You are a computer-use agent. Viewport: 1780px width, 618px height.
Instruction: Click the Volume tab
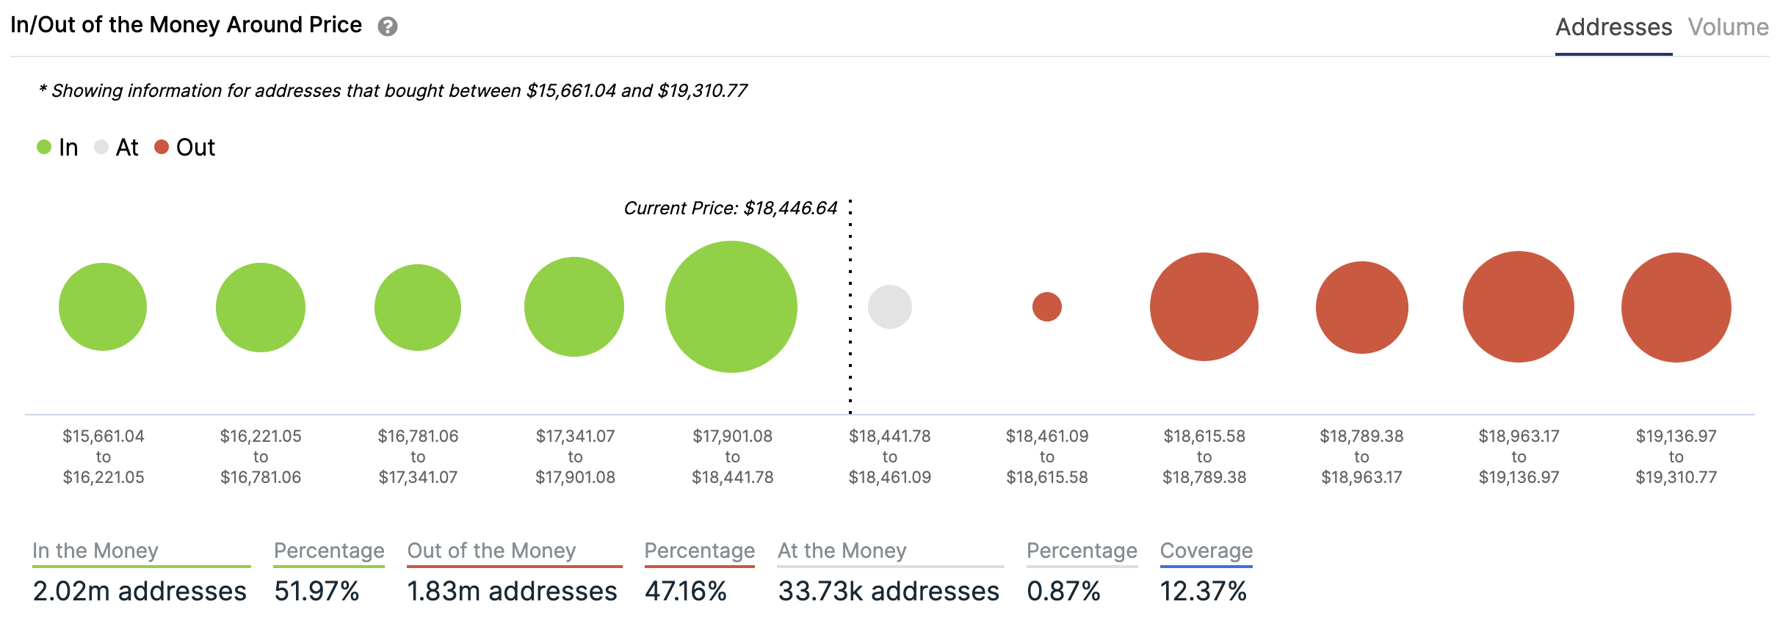click(x=1727, y=27)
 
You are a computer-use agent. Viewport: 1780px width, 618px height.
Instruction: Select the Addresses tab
click(x=1613, y=27)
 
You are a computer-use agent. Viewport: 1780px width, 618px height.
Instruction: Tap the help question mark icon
click(x=388, y=27)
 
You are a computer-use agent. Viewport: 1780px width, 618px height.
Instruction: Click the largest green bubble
click(x=731, y=307)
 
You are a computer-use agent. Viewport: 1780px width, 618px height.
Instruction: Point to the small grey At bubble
click(x=890, y=307)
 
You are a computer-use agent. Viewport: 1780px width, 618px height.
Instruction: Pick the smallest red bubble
click(x=1047, y=307)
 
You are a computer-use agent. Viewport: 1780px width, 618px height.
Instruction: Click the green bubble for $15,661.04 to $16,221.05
click(x=103, y=307)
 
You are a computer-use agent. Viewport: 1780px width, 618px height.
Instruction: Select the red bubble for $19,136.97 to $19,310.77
click(x=1676, y=307)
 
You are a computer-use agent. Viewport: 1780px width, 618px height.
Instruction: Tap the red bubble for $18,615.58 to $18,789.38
click(x=1204, y=307)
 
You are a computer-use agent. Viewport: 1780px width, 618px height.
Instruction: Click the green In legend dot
click(x=44, y=148)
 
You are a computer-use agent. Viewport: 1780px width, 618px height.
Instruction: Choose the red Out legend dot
click(x=162, y=148)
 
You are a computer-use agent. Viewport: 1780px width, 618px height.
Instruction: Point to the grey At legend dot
click(x=101, y=148)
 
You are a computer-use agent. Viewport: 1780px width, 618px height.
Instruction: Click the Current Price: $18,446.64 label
click(x=730, y=208)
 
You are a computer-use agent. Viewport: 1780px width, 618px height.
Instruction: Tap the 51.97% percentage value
click(x=316, y=591)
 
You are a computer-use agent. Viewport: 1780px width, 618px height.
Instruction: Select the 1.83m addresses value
click(x=512, y=591)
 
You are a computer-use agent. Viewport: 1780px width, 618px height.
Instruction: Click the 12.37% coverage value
click(x=1203, y=591)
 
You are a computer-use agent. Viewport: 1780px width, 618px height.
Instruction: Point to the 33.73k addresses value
click(x=889, y=591)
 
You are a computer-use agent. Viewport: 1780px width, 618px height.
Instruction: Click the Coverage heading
click(x=1206, y=550)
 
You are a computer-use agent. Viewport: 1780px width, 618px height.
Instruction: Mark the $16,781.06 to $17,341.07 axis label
click(x=418, y=457)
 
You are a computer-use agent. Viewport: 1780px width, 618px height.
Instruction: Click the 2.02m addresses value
click(x=140, y=591)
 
